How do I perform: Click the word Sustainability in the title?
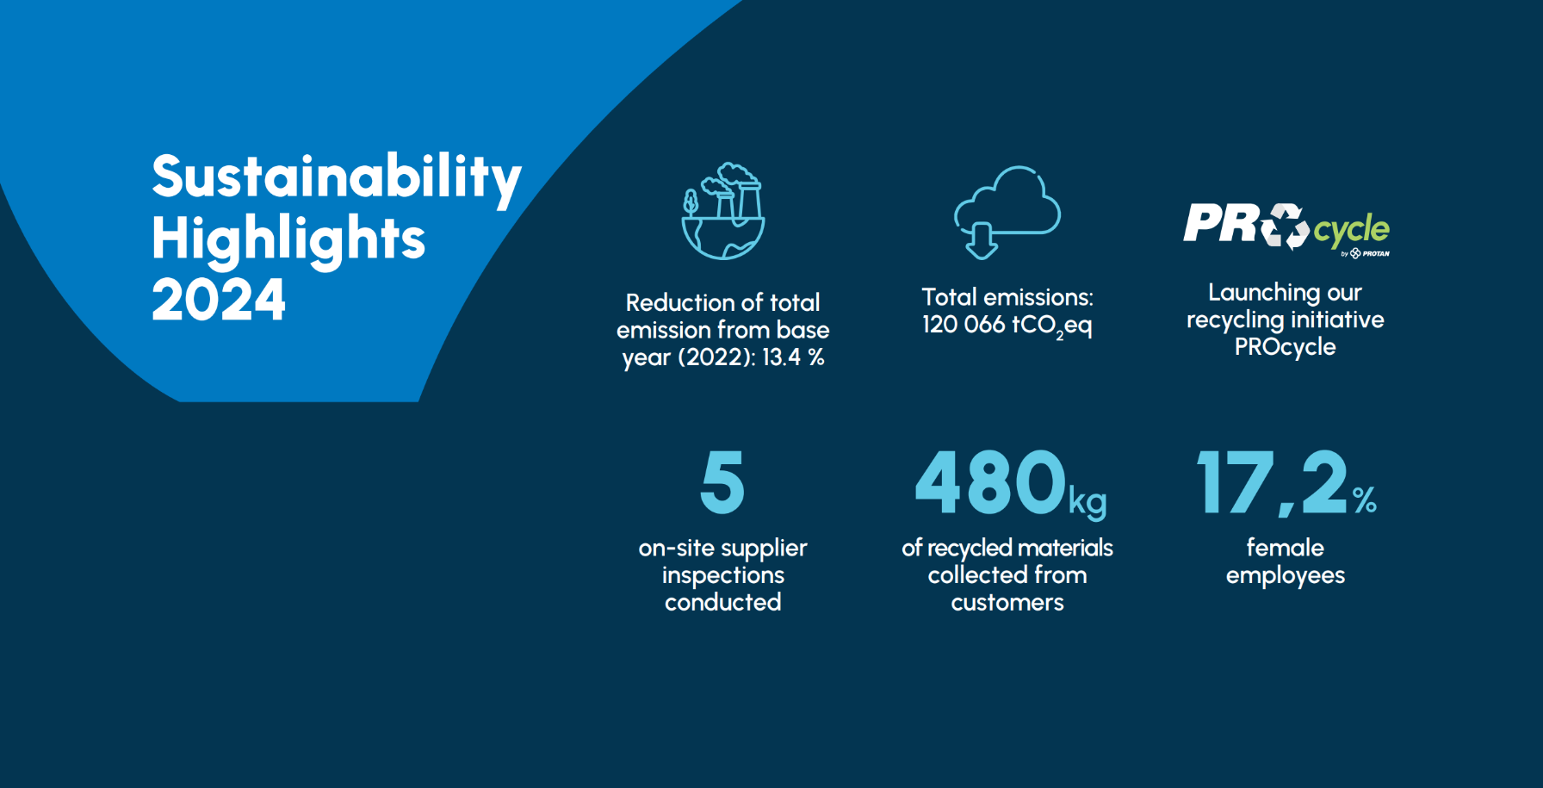(x=337, y=177)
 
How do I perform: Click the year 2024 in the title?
(x=219, y=300)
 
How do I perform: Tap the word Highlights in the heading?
(x=288, y=239)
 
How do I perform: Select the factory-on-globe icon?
(x=723, y=212)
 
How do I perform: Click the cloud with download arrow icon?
(x=1007, y=212)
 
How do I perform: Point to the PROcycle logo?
(x=1286, y=228)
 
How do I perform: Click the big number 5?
(x=722, y=481)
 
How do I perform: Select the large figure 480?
(x=991, y=482)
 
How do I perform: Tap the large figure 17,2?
(x=1273, y=482)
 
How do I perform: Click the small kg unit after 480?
(x=1088, y=501)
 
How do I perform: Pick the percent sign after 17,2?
(x=1365, y=500)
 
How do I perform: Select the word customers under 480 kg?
(x=1007, y=603)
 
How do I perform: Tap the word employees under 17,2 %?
(x=1286, y=575)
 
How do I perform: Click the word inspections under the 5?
(x=723, y=575)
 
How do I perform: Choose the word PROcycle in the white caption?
(x=1286, y=347)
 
